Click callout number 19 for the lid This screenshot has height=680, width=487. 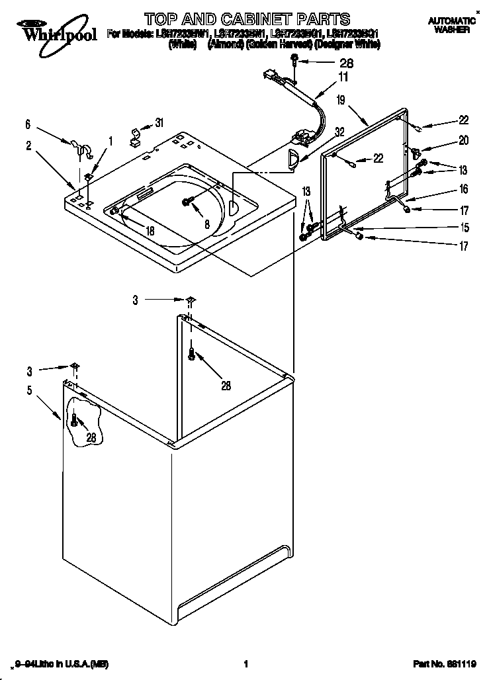[x=341, y=101]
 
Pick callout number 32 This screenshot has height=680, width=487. [x=340, y=132]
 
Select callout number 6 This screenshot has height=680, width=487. [x=28, y=124]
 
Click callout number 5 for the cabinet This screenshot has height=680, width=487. [x=29, y=390]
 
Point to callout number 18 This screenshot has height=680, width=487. [x=150, y=231]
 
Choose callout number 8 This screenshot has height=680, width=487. [x=207, y=224]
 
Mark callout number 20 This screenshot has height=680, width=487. [x=463, y=141]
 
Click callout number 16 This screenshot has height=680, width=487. [x=463, y=189]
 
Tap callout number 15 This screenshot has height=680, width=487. [x=465, y=228]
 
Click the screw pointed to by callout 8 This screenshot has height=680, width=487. [x=187, y=201]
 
